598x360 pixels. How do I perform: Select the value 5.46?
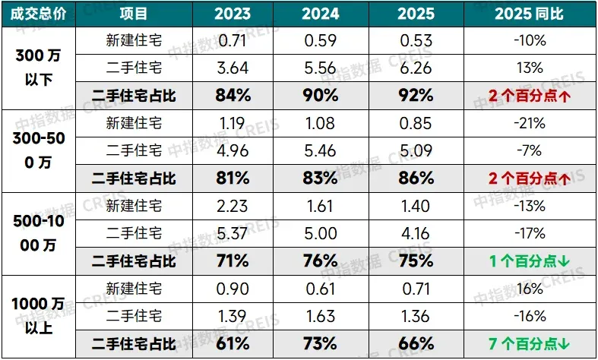pyautogui.click(x=320, y=150)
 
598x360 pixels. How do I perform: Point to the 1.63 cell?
pyautogui.click(x=320, y=316)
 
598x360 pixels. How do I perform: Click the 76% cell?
pyautogui.click(x=320, y=261)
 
